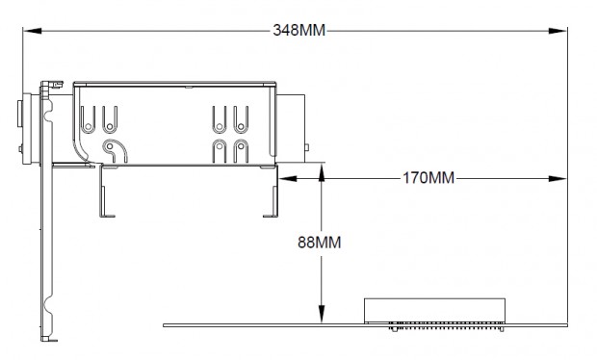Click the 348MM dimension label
coord(299,30)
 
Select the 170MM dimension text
coord(428,178)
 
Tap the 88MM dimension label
coord(319,242)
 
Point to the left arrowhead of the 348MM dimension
coord(32,31)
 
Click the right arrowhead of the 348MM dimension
coord(558,31)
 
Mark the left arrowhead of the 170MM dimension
coord(288,178)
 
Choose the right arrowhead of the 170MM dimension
coord(558,178)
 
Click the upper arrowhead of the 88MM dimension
coord(322,172)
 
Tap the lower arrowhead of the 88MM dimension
coord(322,315)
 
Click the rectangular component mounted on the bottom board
coord(434,311)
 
